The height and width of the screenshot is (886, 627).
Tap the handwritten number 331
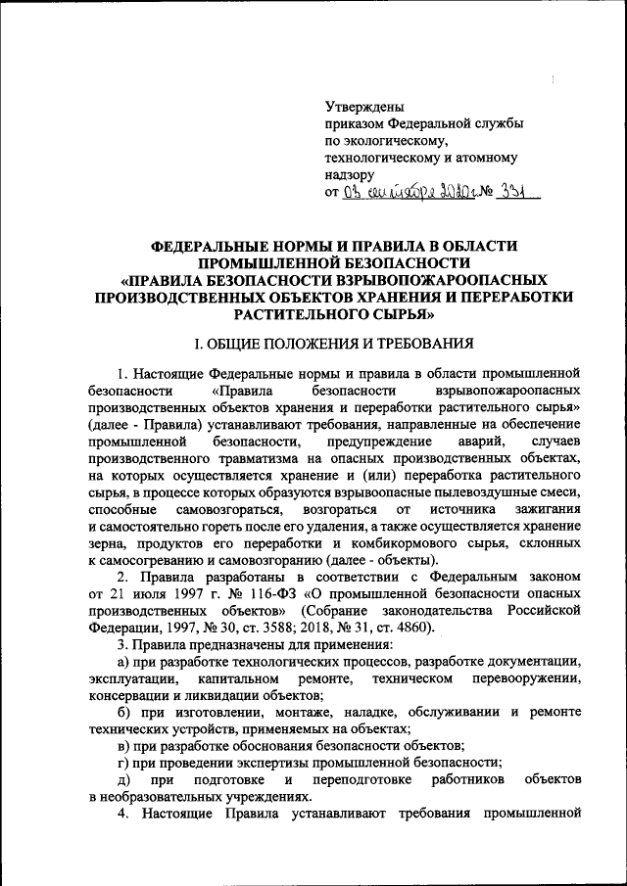[507, 192]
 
